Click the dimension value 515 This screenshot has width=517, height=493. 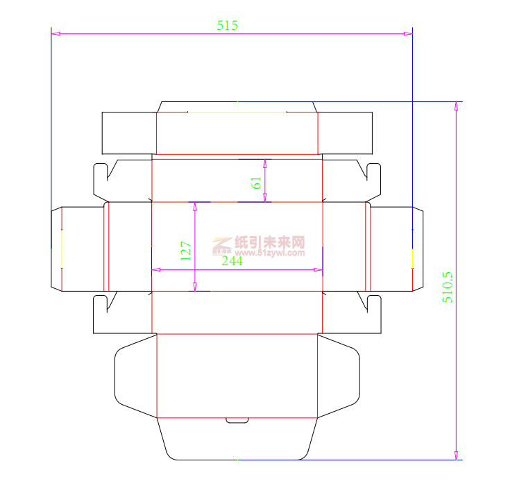[228, 26]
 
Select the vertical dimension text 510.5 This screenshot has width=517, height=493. [448, 287]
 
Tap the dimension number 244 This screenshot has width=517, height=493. [232, 261]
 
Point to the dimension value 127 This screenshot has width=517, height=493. [185, 251]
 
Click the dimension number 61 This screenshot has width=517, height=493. [256, 183]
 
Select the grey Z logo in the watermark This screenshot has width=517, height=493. [222, 244]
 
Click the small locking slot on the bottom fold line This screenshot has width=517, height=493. [237, 420]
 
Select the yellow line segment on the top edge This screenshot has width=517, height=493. [237, 112]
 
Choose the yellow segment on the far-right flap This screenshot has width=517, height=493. [412, 258]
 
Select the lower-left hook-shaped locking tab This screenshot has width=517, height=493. [101, 314]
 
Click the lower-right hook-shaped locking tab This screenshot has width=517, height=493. [374, 314]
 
